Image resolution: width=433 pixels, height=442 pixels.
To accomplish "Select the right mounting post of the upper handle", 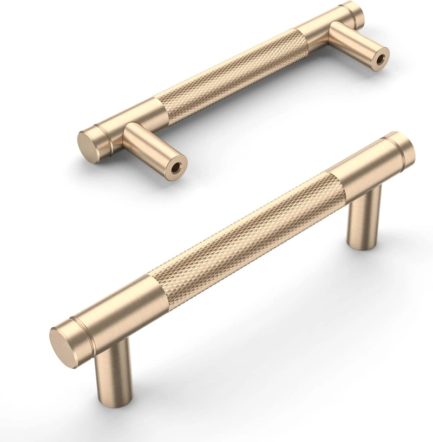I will pos(355,43).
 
